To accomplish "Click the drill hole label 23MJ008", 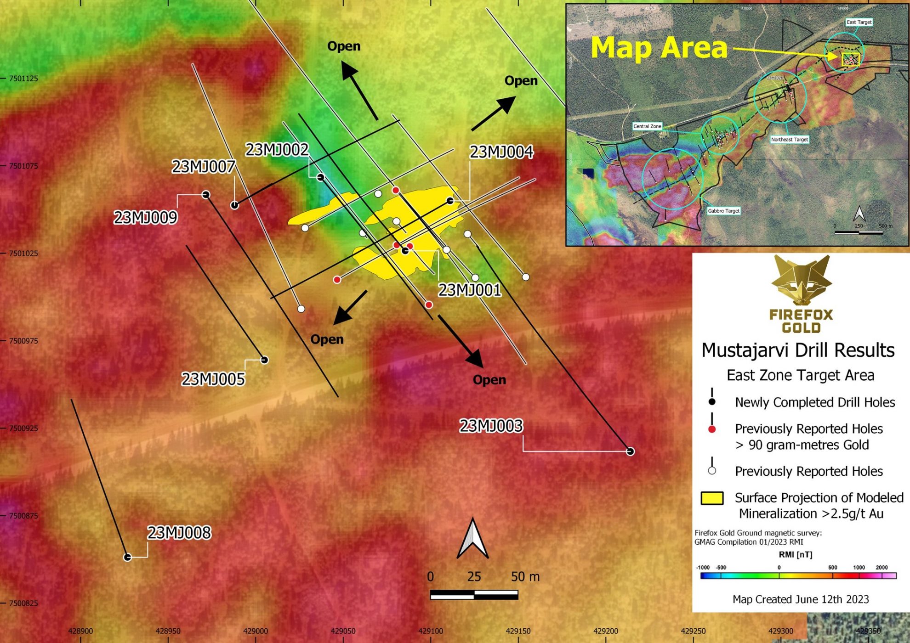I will tap(179, 533).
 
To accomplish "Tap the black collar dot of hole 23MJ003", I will tap(631, 451).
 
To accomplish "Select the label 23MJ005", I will tap(213, 379).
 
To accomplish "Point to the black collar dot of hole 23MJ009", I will tap(206, 195).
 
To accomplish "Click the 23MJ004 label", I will tap(501, 152).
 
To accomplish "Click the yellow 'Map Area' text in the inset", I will tap(659, 48).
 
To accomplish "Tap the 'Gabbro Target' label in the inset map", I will tap(723, 211).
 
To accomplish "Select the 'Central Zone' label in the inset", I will tap(647, 126).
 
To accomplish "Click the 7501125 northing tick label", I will tap(23, 79).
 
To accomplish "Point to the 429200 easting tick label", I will tap(606, 631).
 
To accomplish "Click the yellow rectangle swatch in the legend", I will tap(712, 498).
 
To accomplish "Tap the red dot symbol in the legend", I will tap(712, 429).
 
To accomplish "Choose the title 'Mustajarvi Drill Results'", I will tap(798, 350).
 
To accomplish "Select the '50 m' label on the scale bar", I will tap(525, 577).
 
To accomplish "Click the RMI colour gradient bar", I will tap(798, 576).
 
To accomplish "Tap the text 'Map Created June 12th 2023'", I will tap(801, 599).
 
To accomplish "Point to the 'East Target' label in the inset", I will tap(859, 22).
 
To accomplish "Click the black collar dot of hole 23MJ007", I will tap(235, 205).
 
